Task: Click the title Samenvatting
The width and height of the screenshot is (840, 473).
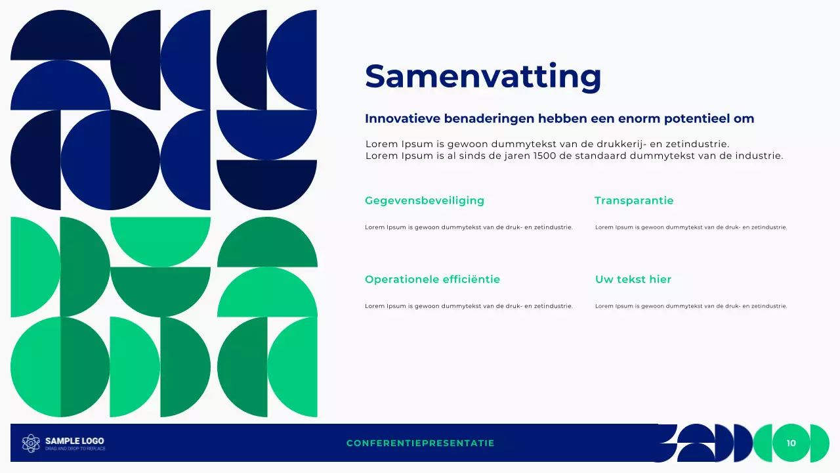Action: point(483,76)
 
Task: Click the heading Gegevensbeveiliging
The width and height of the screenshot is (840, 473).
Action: point(424,200)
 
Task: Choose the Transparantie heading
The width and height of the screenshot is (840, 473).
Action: point(634,200)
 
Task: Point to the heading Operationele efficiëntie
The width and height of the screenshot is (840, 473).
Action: point(432,279)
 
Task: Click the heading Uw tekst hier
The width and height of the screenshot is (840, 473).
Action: point(633,279)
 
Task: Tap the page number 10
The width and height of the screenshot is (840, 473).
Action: point(791,443)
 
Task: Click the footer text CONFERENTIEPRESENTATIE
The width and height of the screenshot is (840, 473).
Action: point(420,443)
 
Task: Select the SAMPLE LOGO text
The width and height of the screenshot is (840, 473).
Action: point(74,441)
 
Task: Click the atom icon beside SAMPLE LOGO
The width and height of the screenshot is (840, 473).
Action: point(31,443)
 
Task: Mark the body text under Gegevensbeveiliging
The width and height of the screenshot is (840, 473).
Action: point(469,227)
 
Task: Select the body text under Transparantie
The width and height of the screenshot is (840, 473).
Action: point(690,227)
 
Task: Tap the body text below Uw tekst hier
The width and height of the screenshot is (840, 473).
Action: point(690,306)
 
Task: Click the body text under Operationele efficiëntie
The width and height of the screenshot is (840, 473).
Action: point(469,306)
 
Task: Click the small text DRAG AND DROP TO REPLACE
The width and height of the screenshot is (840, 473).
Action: point(75,449)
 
